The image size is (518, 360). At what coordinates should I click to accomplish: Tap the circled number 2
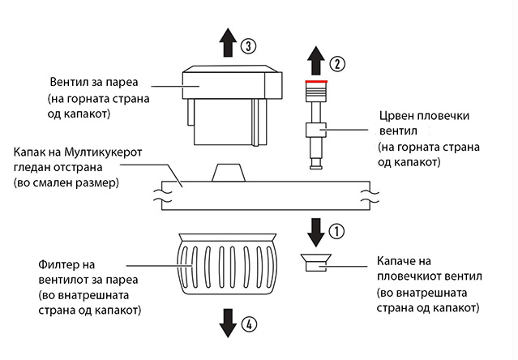(x=336, y=62)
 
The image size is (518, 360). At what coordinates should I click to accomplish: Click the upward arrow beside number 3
(x=229, y=41)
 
